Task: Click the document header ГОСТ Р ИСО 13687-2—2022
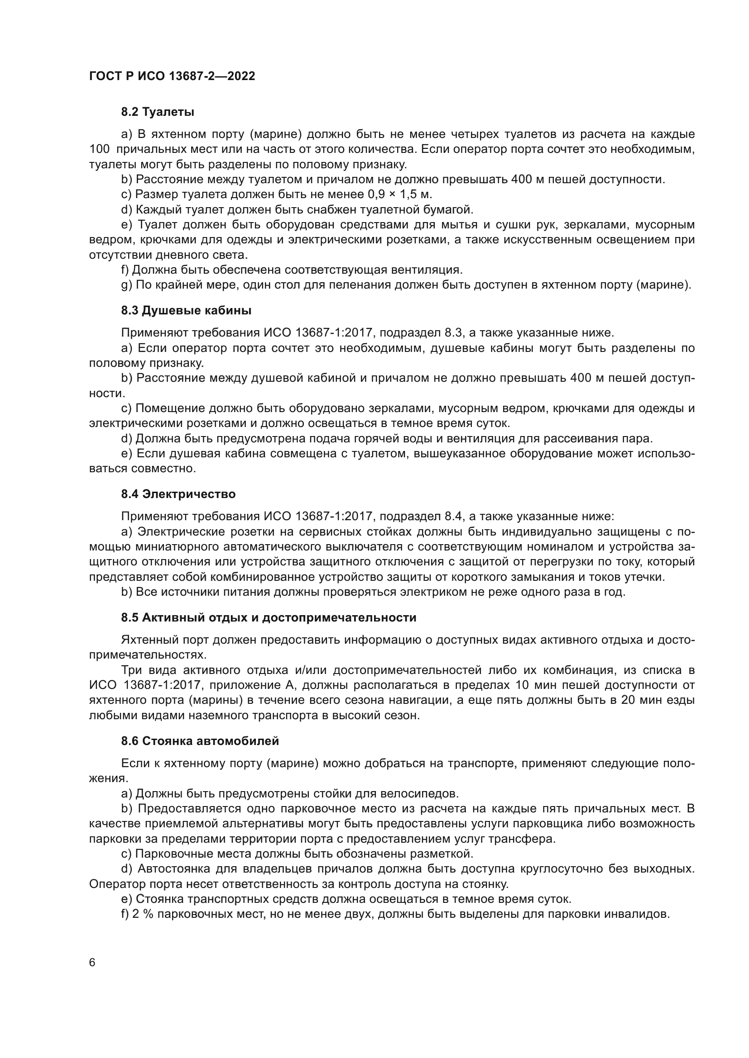tap(172, 76)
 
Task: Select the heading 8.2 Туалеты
tap(157, 112)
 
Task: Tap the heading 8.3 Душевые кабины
tap(186, 311)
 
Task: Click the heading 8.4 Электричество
tap(178, 494)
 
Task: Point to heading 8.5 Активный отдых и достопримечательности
tap(269, 617)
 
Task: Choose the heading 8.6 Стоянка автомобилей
tap(200, 741)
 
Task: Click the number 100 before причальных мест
tap(99, 149)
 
